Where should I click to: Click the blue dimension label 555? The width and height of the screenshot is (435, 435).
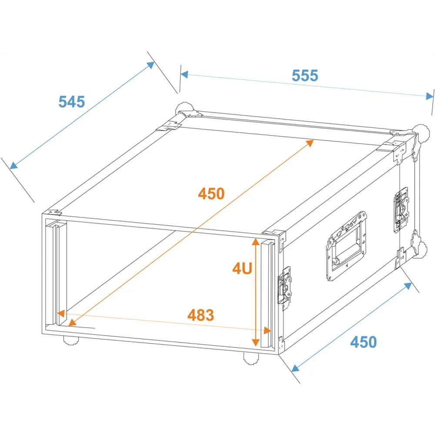click(x=304, y=75)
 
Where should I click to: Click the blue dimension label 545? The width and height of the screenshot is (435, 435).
click(x=72, y=101)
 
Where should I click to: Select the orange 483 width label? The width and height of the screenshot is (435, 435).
click(x=201, y=315)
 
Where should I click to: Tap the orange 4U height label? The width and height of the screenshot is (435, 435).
click(x=242, y=268)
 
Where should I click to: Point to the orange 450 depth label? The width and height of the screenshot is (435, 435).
click(x=211, y=194)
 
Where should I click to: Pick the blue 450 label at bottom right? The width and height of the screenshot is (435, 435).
click(x=363, y=342)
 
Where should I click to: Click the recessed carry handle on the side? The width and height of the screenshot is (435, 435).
click(x=346, y=246)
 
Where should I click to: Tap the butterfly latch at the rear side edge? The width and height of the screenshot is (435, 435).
click(x=402, y=210)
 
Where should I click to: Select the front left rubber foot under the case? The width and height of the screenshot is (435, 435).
click(x=71, y=340)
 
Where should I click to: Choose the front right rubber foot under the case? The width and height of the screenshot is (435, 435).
click(x=251, y=358)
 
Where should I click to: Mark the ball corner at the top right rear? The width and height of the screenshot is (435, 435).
click(x=422, y=134)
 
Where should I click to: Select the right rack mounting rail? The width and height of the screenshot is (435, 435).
click(x=268, y=294)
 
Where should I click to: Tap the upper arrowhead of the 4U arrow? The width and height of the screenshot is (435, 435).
click(x=255, y=242)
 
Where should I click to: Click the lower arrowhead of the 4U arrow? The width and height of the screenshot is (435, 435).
click(x=255, y=342)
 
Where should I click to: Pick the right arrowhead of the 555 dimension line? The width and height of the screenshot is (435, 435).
click(x=429, y=96)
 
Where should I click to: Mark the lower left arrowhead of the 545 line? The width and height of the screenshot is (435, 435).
click(x=13, y=166)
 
